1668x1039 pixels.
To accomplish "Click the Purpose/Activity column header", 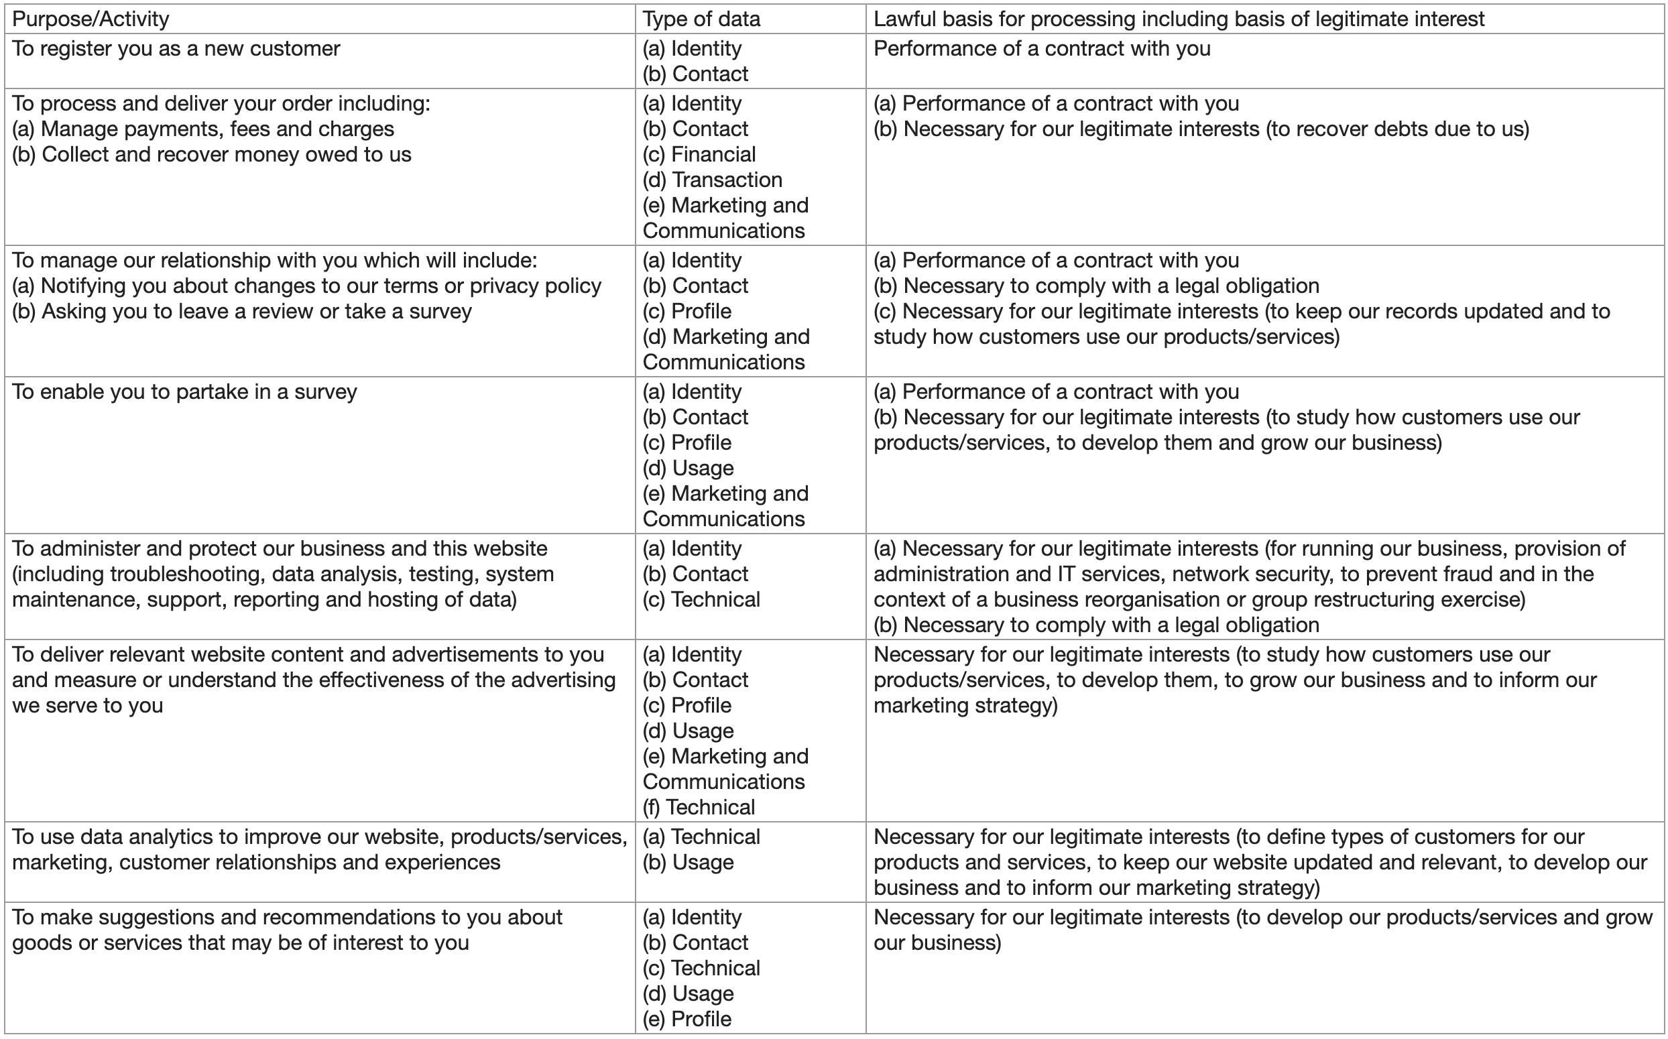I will (91, 19).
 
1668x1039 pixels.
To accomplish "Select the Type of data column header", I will (702, 19).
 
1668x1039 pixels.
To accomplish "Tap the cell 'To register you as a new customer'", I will (176, 49).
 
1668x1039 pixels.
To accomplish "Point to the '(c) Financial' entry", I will (699, 155).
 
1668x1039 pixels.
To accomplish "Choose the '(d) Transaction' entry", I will (713, 180).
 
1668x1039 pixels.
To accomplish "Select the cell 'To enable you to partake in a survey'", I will (184, 391).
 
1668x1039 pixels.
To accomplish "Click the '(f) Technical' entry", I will (699, 808).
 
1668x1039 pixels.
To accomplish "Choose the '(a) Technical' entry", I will (702, 837).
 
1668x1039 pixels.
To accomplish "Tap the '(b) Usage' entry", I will (688, 863).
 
